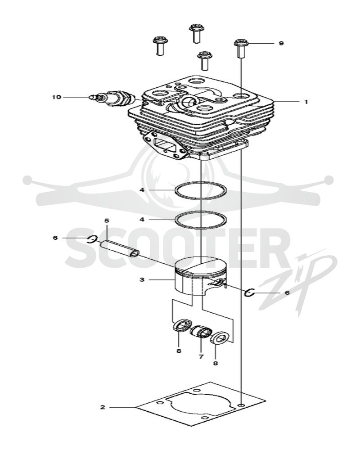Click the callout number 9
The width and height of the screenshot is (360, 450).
pyautogui.click(x=281, y=43)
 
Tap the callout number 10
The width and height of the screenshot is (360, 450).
pyautogui.click(x=57, y=97)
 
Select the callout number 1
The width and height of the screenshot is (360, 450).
pyautogui.click(x=306, y=102)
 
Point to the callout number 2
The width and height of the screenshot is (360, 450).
pyautogui.click(x=103, y=407)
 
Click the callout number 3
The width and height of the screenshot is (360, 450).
pyautogui.click(x=142, y=279)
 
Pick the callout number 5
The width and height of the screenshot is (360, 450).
pyautogui.click(x=107, y=220)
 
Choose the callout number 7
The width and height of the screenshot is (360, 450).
pyautogui.click(x=201, y=356)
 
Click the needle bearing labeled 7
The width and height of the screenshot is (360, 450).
pyautogui.click(x=201, y=333)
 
